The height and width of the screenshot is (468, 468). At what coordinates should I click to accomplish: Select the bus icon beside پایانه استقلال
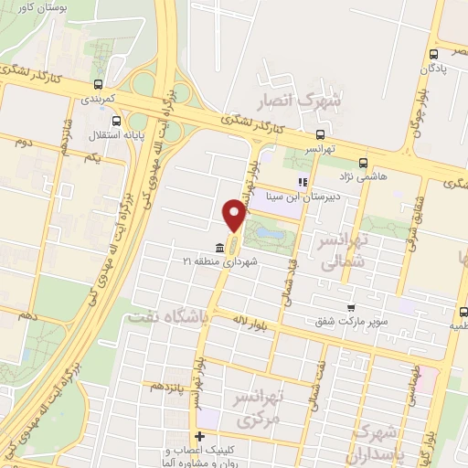116,121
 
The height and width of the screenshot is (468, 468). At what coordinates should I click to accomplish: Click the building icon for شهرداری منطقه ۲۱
218,248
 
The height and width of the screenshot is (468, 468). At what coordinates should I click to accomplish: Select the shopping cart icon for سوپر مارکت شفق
349,309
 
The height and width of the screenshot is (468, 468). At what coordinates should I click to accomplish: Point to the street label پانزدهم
164,387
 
